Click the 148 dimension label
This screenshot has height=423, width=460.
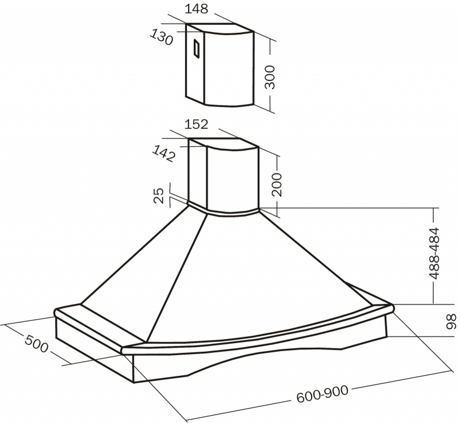click(196, 9)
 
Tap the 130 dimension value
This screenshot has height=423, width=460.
click(162, 37)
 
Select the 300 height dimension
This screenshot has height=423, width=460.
click(270, 77)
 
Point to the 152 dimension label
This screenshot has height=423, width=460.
click(196, 124)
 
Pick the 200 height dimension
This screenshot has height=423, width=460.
click(277, 184)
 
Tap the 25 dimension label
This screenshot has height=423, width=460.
click(159, 196)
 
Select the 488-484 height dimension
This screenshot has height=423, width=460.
click(434, 253)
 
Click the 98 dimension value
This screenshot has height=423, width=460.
click(452, 322)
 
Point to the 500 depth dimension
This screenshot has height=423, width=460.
click(36, 344)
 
